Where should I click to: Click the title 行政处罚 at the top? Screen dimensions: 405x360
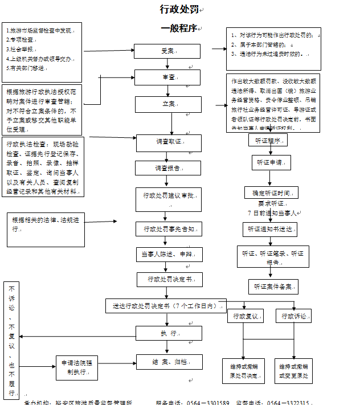pos(179,9)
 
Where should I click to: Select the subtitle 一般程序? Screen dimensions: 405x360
pos(179,28)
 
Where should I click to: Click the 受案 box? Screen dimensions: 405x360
pos(168,51)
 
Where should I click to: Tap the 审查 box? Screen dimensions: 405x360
pos(168,77)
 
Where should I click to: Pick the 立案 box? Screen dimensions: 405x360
pos(168,104)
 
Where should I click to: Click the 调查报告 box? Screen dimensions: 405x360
pos(167,168)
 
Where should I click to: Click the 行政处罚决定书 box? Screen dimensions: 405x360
pos(167,279)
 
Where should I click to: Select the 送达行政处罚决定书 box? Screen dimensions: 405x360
pos(165,306)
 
